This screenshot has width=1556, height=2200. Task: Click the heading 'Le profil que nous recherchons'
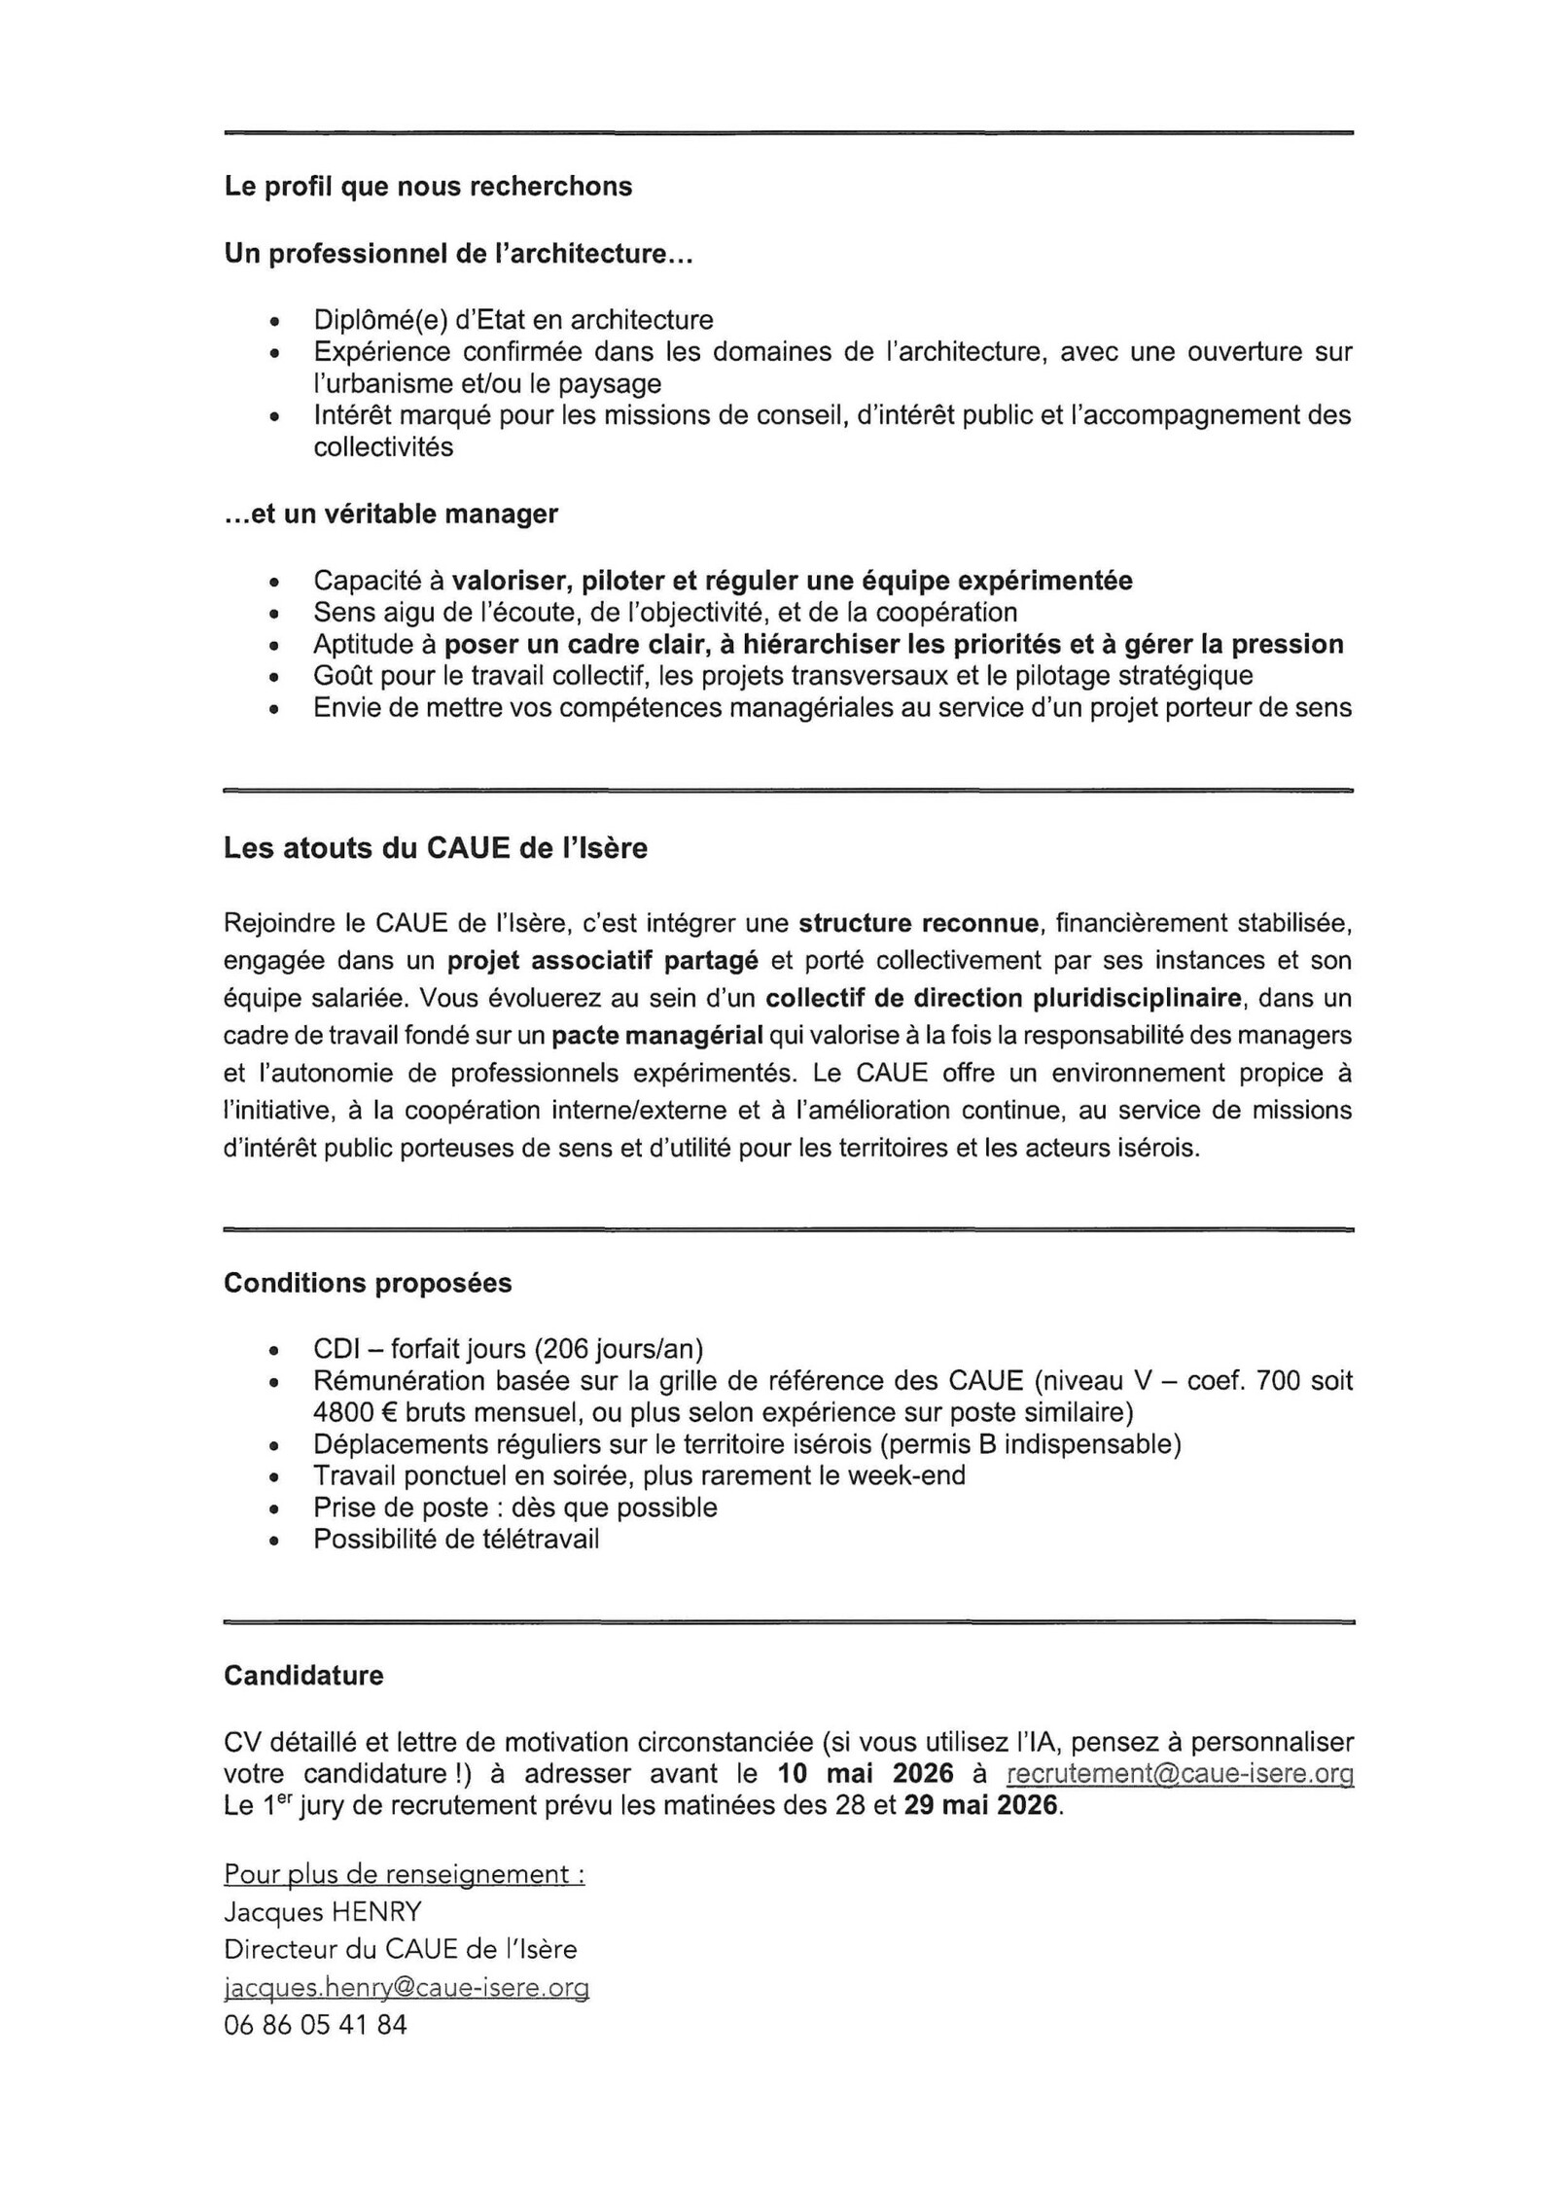tap(428, 187)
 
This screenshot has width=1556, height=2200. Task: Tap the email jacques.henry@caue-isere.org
tap(406, 1988)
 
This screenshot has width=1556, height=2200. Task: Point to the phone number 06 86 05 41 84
tap(315, 2025)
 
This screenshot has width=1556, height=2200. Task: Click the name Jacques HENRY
tap(322, 1912)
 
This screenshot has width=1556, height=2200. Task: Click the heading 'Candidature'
tap(303, 1676)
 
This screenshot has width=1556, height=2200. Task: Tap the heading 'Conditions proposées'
tap(368, 1284)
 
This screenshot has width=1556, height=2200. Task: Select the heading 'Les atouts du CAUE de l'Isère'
tap(435, 848)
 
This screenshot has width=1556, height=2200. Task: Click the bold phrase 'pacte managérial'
tap(656, 1036)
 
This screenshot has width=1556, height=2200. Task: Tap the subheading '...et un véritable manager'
tap(391, 514)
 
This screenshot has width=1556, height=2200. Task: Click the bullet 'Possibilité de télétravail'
tap(456, 1539)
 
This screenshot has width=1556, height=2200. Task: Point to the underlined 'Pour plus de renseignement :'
tap(405, 1874)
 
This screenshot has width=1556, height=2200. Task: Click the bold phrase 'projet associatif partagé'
tap(603, 961)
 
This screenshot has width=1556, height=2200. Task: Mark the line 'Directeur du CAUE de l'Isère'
tap(400, 1950)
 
